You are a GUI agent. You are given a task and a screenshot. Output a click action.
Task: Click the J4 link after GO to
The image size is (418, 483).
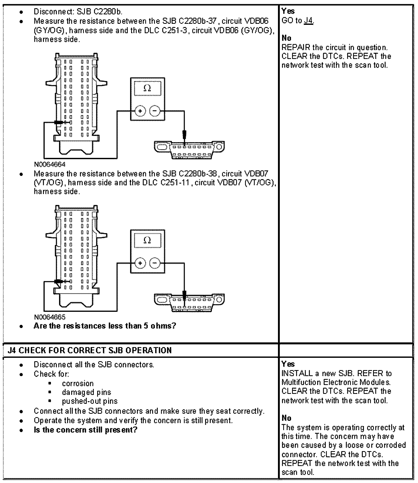coord(309,21)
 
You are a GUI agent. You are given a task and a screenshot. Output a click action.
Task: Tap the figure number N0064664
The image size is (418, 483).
coord(50,164)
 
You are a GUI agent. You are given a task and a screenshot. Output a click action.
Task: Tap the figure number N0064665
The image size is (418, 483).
coord(50,317)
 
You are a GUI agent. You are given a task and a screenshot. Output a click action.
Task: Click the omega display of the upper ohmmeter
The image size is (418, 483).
coord(147,88)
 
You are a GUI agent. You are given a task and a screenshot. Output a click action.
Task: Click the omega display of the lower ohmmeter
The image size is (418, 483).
coord(147,240)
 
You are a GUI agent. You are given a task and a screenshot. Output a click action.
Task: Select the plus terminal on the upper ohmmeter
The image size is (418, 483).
coord(140,111)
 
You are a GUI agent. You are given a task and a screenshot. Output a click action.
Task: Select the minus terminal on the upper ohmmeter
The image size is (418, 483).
coord(155,111)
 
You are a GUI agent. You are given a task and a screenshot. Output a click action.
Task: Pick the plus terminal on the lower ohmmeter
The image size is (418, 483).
coord(140,263)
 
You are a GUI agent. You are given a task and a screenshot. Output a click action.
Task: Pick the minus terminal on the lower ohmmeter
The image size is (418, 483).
coord(155,263)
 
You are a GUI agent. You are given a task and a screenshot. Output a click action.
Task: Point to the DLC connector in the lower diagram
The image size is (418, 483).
coord(189,302)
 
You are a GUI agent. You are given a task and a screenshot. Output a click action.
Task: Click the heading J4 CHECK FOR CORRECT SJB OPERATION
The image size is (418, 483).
coord(90,350)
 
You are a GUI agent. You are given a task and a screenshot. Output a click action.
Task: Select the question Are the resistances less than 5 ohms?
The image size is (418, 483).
coord(105,326)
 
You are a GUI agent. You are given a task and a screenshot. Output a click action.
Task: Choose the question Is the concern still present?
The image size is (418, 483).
coord(85,430)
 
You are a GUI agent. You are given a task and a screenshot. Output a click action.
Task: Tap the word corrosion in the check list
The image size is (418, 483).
coord(78,383)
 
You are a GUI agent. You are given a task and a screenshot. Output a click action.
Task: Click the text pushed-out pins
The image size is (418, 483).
coord(90,401)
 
